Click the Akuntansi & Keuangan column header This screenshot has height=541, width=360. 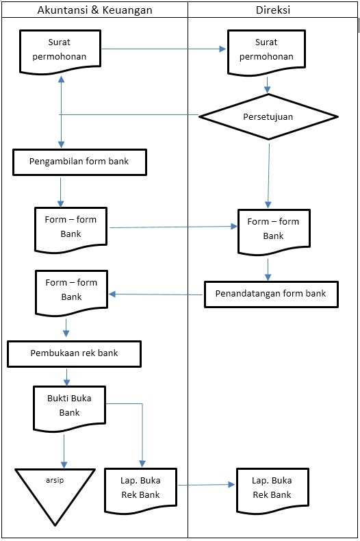point(94,10)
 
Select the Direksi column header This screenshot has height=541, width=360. point(273,10)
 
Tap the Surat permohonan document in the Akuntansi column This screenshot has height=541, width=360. point(62,50)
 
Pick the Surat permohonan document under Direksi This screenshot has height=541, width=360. point(266,50)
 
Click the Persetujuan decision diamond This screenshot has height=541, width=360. point(268,116)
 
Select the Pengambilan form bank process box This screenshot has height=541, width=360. point(79,162)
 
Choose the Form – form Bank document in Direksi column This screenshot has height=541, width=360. point(273,229)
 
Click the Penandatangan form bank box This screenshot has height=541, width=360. point(271,294)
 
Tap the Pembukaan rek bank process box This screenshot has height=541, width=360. point(74,354)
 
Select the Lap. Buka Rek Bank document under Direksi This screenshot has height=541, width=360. point(272,488)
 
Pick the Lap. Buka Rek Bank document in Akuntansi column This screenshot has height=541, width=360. point(140,488)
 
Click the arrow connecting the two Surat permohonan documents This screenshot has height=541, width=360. point(164,49)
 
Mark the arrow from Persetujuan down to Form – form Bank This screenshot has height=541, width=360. point(268,175)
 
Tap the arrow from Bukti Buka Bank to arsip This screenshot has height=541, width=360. point(64,449)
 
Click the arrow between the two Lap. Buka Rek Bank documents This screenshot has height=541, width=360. point(206,485)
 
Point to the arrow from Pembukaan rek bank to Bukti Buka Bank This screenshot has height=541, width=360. point(67,377)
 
